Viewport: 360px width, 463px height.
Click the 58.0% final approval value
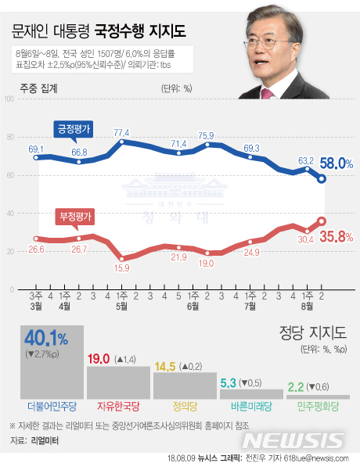pos(339,163)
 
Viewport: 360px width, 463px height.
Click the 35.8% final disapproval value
pos(339,235)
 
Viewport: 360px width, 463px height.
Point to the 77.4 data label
pos(121,132)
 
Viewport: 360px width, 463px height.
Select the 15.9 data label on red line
pos(121,268)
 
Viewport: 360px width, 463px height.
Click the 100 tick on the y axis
pos(9,99)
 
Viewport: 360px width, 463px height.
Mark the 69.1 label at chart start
pos(36,148)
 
